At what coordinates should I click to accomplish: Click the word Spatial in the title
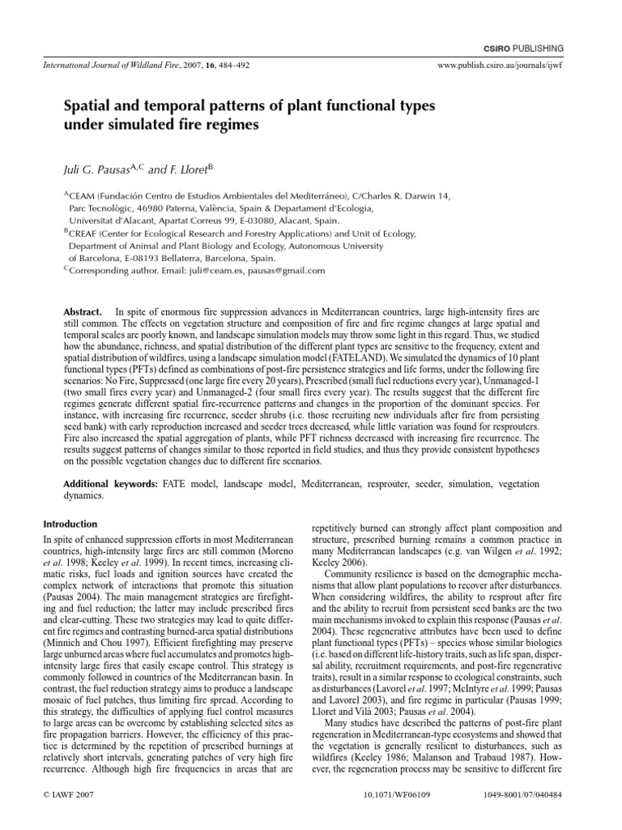87,106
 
